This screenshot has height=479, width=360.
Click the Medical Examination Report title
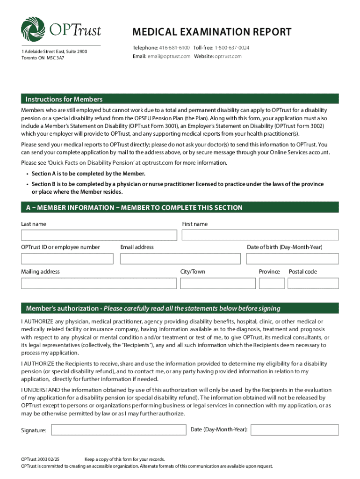pos(212,32)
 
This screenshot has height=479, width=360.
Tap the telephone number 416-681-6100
pos(175,48)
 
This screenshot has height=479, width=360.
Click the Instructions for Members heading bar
pos(180,99)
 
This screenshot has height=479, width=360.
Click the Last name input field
pos(99,235)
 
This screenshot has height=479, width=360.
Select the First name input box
pos(260,235)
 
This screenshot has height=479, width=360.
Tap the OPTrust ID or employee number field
pos(67,259)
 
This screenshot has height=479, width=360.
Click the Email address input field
pos(180,259)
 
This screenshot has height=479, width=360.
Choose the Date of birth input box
pos(292,259)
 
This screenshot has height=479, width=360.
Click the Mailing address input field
pos(98,283)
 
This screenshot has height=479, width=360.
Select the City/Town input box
pos(217,283)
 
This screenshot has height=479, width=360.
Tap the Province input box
pos(272,283)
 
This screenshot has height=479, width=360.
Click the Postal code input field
pos(313,283)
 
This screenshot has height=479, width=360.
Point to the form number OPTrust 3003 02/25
pos(43,459)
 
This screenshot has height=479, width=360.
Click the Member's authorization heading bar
pos(180,308)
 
